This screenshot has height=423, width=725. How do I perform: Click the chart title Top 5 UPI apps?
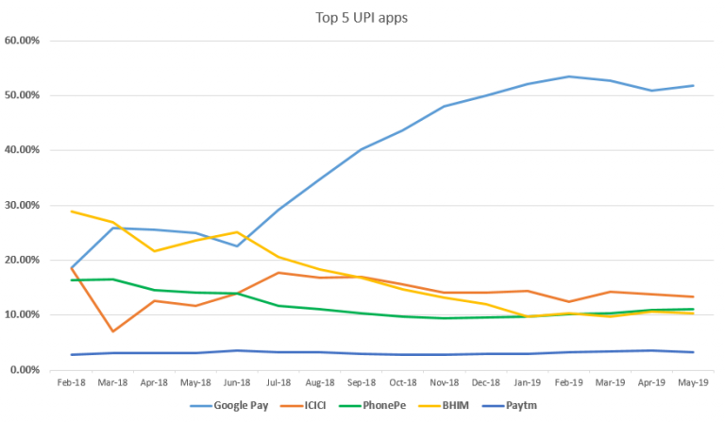362,17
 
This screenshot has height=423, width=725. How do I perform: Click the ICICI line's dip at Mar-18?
114,331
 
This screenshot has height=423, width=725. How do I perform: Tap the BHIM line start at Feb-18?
73,211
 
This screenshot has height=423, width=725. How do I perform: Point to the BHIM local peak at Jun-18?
236,232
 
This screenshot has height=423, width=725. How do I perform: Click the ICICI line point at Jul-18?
277,272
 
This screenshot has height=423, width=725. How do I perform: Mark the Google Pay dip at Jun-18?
236,246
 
